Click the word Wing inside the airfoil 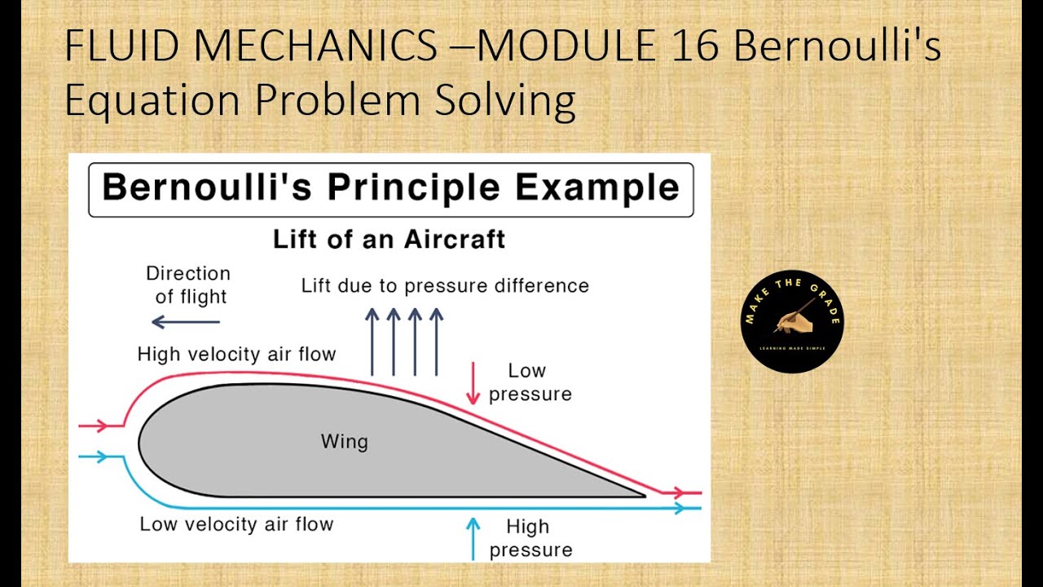[344, 442]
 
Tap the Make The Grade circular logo [792, 321]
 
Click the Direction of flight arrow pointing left [186, 322]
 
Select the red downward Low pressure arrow [473, 383]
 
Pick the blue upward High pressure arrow [473, 538]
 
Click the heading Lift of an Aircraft [389, 240]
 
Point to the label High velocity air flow [236, 354]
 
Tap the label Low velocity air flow [236, 524]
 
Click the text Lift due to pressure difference [445, 285]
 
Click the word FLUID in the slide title [113, 47]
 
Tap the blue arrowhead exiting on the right [680, 508]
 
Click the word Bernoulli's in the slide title [837, 47]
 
